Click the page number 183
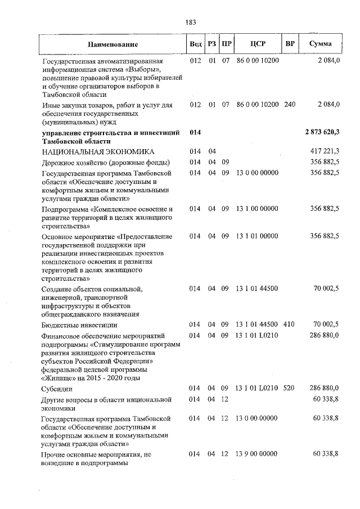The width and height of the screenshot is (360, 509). click(x=190, y=22)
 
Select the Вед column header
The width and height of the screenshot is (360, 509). click(x=195, y=44)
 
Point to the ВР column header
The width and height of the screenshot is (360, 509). click(x=290, y=44)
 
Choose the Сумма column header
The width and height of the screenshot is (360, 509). click(x=321, y=44)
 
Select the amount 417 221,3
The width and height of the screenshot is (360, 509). click(x=325, y=152)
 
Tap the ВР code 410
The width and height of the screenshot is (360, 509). click(x=289, y=325)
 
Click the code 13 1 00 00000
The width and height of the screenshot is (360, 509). click(x=258, y=209)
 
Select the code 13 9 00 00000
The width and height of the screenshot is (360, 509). click(x=257, y=454)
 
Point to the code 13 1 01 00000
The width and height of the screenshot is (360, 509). click(x=257, y=236)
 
